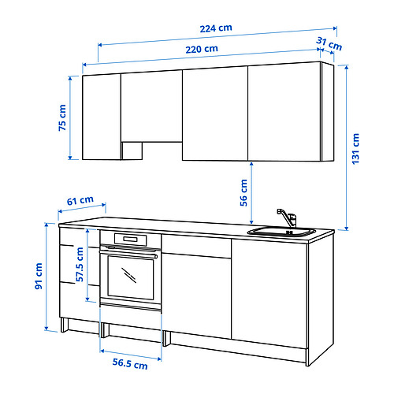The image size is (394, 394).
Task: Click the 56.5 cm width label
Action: [x=128, y=365]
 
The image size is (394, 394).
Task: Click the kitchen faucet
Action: [x=284, y=217]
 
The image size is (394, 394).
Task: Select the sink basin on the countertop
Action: [x=280, y=232]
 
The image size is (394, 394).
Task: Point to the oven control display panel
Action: [x=131, y=240]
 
